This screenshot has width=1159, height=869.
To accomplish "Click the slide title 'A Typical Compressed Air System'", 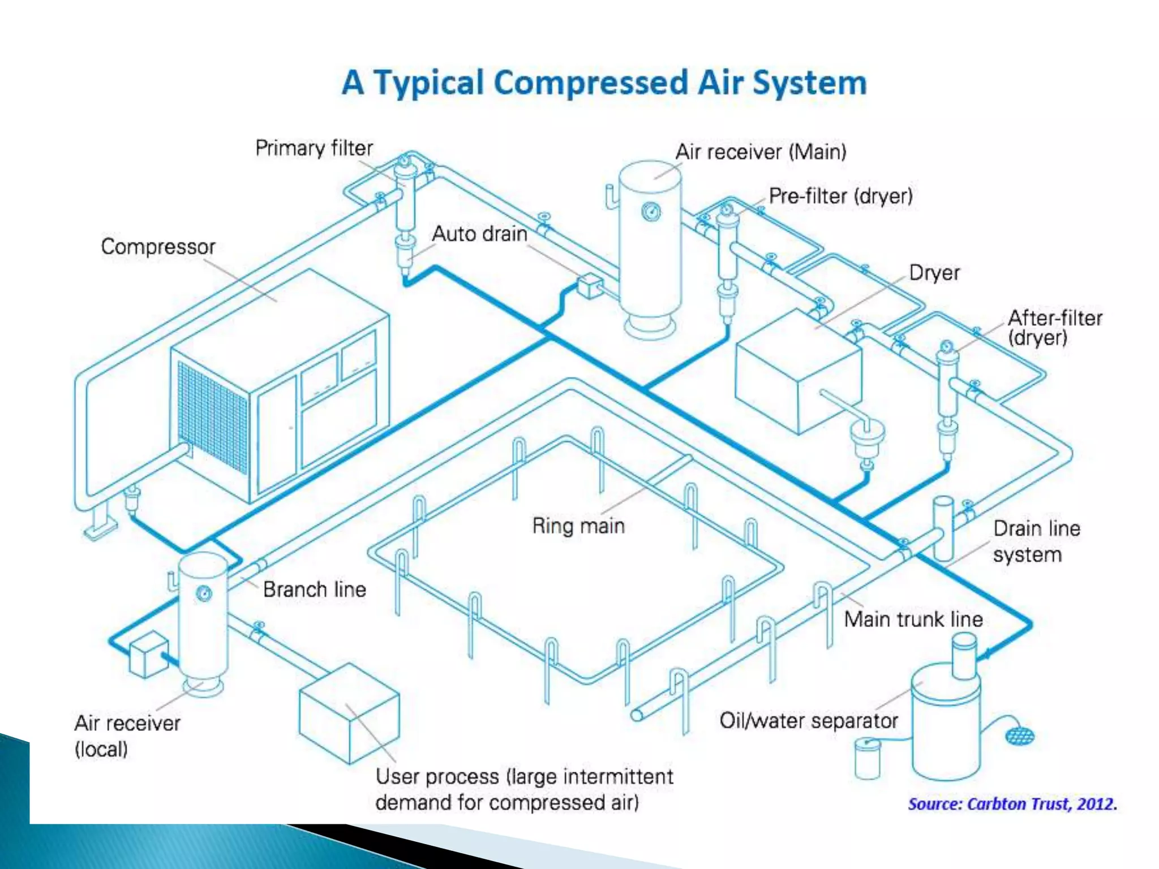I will click(604, 83).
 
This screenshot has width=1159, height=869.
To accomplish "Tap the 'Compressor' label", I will click(158, 247).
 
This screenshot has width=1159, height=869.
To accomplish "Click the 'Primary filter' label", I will click(314, 148).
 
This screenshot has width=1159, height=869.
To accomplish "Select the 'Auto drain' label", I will click(479, 234).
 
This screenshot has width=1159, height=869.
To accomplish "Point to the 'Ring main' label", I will click(578, 526).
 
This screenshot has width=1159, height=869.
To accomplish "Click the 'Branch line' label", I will click(315, 590).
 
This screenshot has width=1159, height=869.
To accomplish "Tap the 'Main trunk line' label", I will click(913, 619).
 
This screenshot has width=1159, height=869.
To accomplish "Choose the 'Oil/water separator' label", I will click(809, 721).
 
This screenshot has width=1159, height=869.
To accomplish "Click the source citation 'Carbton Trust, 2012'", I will click(1012, 804).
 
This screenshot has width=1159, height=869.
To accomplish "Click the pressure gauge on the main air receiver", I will click(651, 212).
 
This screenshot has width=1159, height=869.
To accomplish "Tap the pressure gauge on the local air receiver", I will click(204, 593).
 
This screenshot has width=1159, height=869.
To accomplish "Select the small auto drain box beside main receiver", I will click(590, 286).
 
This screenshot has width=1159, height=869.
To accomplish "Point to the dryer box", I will click(798, 373).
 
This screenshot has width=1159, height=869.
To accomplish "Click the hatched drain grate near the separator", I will click(1020, 735).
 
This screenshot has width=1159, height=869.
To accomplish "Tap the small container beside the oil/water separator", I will click(867, 758).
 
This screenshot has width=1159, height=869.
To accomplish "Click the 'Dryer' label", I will click(934, 273).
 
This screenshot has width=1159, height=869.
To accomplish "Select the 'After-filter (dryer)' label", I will click(1054, 328).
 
